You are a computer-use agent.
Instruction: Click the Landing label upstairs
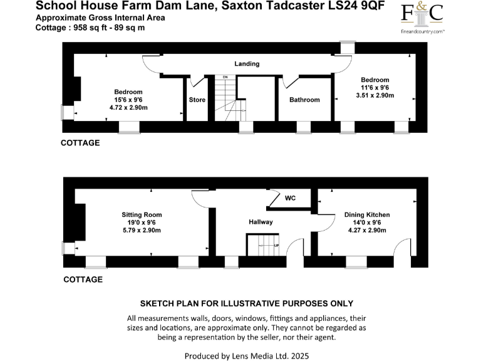[247, 64]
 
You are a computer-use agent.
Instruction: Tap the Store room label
[197, 100]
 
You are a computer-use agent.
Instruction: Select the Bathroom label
[304, 100]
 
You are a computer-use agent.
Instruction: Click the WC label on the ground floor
[290, 198]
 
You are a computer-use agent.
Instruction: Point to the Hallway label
[261, 222]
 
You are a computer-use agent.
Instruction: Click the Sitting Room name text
[142, 215]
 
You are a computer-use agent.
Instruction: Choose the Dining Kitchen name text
[363, 215]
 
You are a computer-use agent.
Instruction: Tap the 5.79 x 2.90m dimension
[142, 231]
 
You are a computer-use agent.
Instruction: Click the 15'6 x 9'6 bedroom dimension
[128, 100]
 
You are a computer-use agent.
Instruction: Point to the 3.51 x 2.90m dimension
[375, 95]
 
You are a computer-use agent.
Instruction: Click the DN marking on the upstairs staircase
[225, 77]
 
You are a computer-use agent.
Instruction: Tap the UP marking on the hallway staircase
[276, 244]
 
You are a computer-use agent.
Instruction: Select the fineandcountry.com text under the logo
[423, 31]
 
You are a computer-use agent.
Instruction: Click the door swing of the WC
[272, 199]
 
